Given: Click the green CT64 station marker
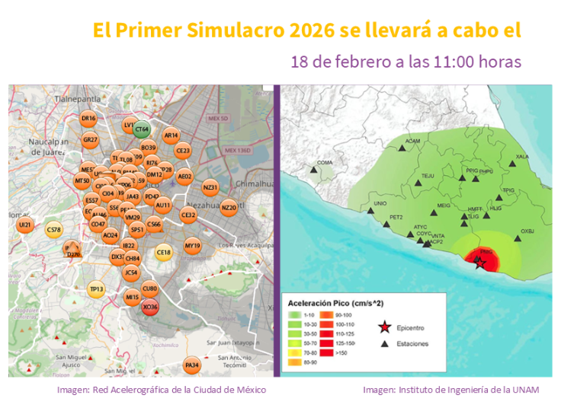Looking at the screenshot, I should tap(142, 129).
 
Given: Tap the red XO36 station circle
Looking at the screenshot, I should tap(150, 307).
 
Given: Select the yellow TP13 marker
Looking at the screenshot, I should tap(96, 288).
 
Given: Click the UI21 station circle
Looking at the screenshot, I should tap(25, 225).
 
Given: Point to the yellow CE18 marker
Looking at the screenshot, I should tap(164, 253).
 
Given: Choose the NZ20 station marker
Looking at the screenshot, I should tap(229, 207).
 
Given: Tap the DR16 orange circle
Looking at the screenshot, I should tap(88, 119).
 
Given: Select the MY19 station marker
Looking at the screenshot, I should tap(193, 246).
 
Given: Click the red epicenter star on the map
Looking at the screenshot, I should tap(479, 263).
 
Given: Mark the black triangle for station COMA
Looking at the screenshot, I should tap(313, 172).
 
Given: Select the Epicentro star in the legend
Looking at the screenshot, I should tap(384, 328).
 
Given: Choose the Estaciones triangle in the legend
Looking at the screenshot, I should tap(384, 343).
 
